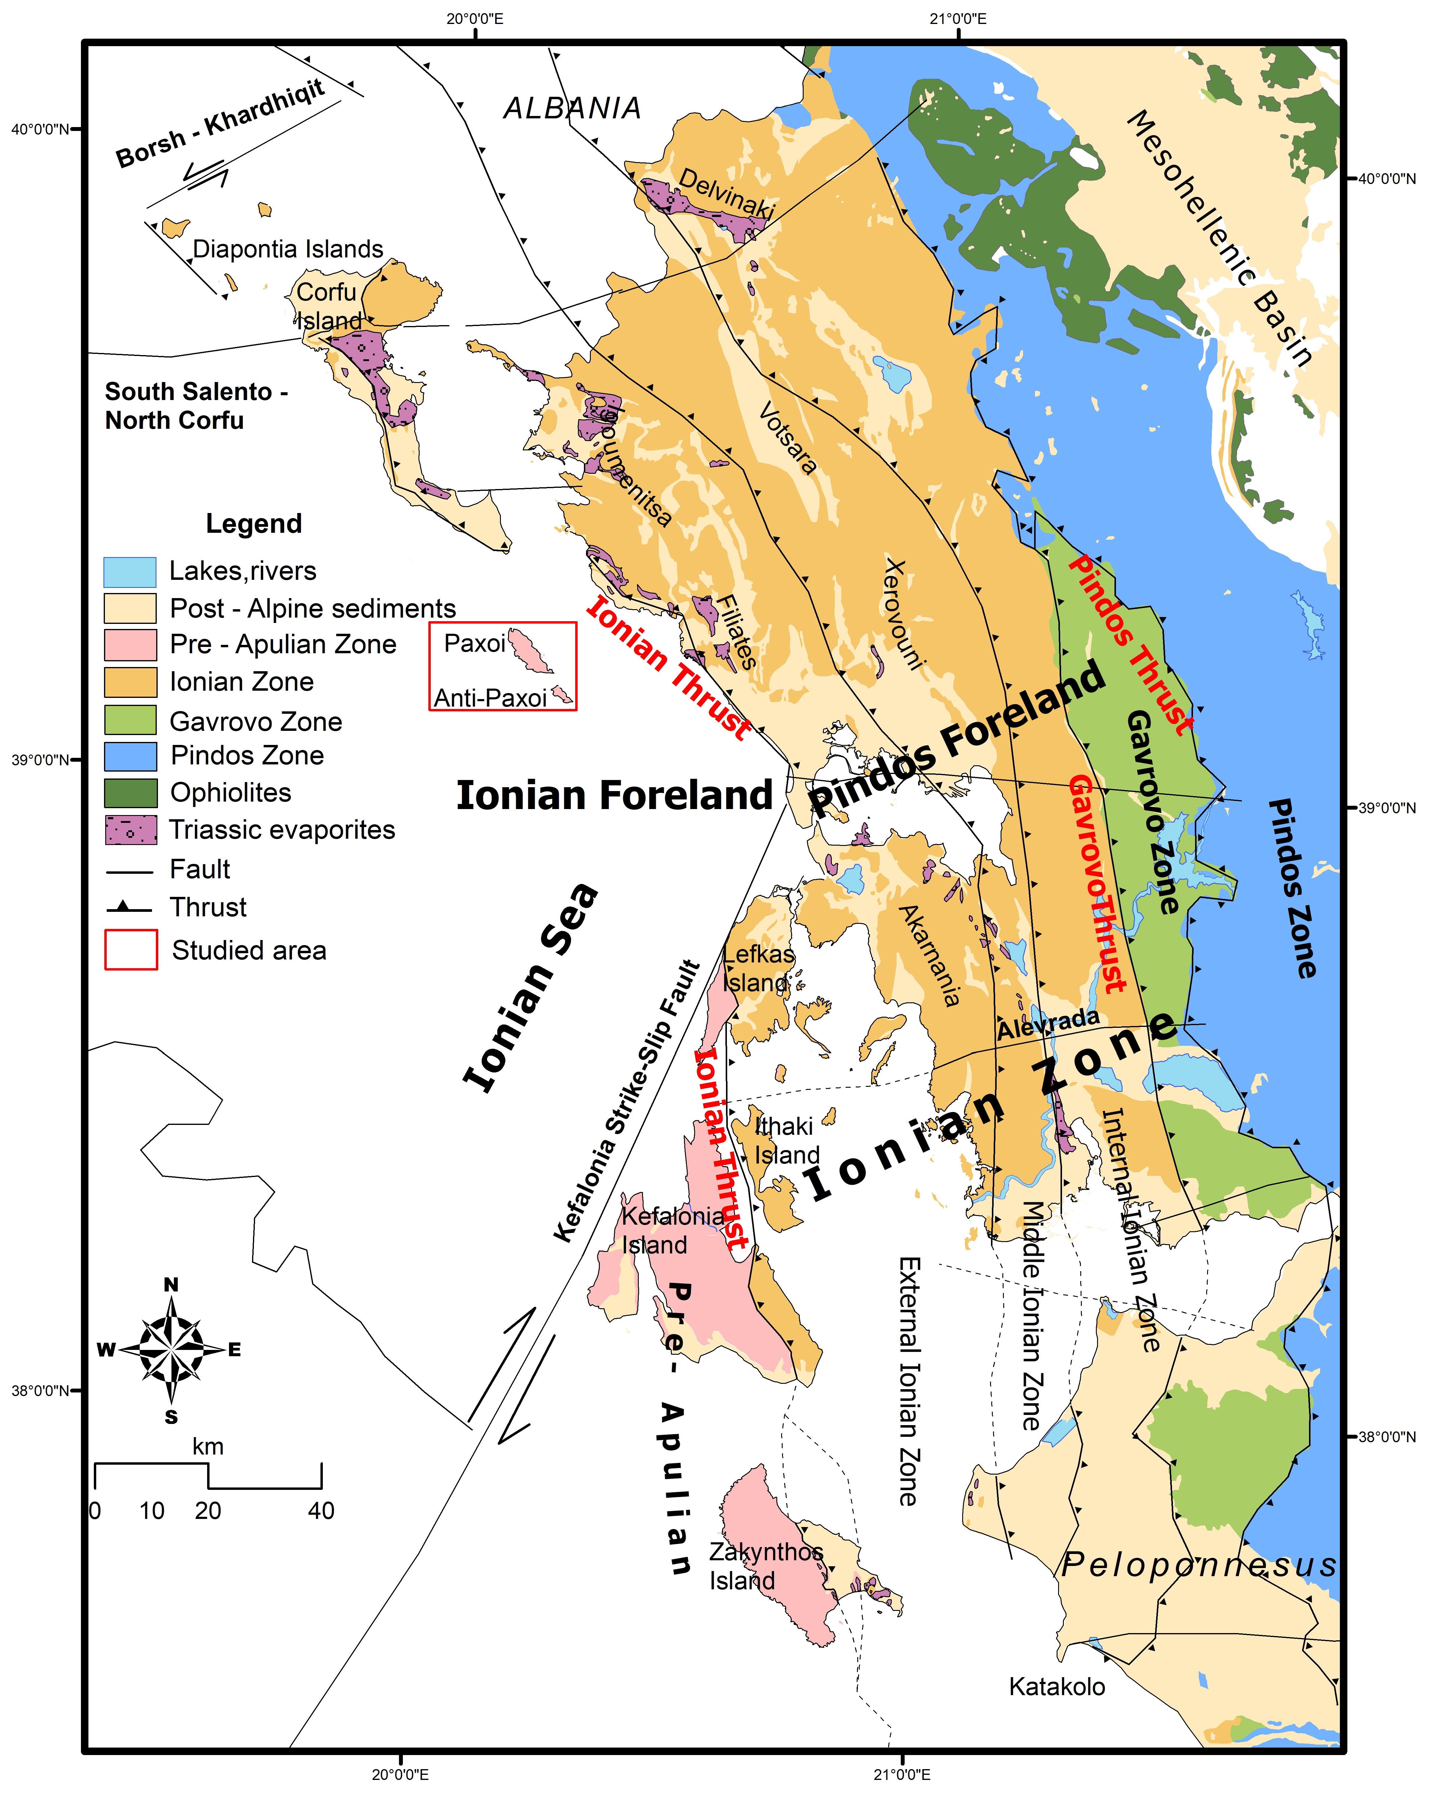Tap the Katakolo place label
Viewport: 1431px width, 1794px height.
coord(1056,1687)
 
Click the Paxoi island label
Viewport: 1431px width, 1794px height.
coord(475,643)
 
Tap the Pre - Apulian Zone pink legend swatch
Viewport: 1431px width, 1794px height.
coord(131,644)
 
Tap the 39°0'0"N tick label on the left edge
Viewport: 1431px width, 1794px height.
coord(39,760)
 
